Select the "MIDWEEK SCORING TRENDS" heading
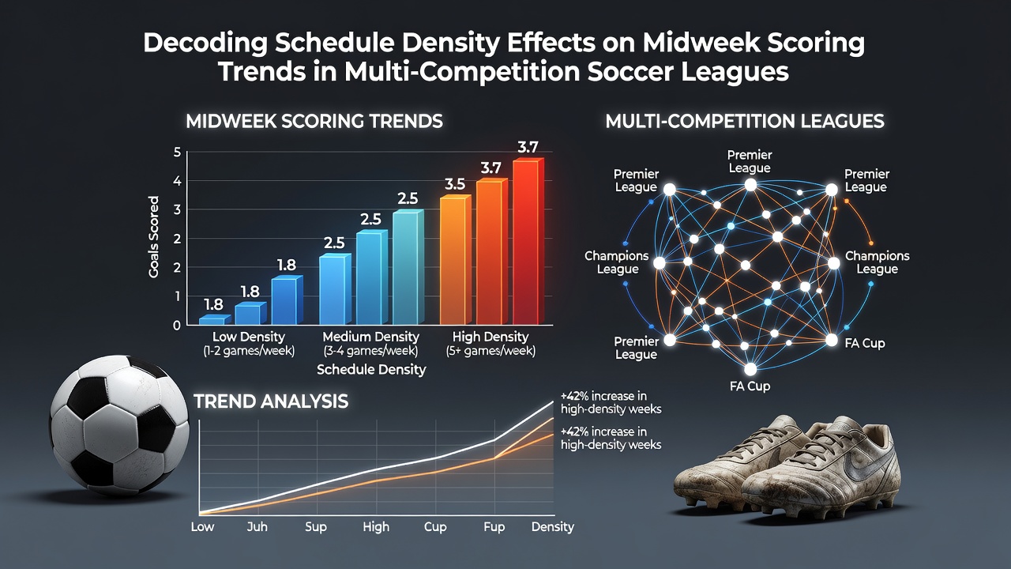click(x=314, y=121)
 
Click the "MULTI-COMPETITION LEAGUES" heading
click(x=745, y=121)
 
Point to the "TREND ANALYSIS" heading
click(x=271, y=401)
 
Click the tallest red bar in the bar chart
click(x=528, y=241)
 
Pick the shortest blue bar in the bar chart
click(x=215, y=320)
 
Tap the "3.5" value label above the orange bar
click(x=454, y=184)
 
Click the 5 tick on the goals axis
click(x=177, y=153)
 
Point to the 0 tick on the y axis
click(x=176, y=326)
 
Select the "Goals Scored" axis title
click(x=153, y=236)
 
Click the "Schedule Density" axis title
click(x=371, y=370)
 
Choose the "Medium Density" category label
click(x=371, y=337)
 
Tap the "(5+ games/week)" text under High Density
click(x=490, y=352)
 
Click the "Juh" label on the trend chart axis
click(x=257, y=527)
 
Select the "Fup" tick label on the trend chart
click(x=494, y=527)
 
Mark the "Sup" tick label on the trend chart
click(x=315, y=527)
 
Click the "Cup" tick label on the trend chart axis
click(x=435, y=527)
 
